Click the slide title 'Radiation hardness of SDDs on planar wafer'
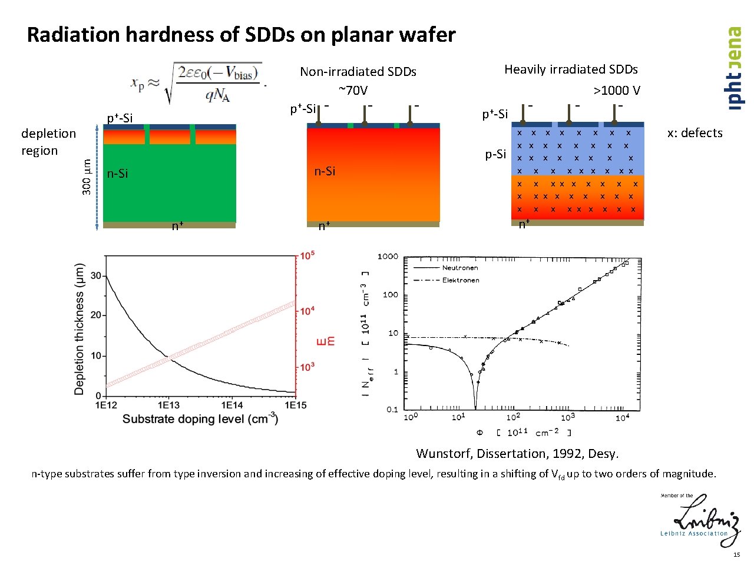point(241,35)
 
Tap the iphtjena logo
point(734,68)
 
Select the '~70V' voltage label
point(353,90)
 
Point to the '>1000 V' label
point(616,90)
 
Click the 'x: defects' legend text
point(695,133)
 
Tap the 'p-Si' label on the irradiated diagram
point(495,154)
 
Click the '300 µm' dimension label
point(87,177)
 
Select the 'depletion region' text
point(48,142)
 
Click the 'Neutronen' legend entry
point(460,268)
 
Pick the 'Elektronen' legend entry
point(461,280)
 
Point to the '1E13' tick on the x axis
point(168,405)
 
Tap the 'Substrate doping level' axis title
point(200,419)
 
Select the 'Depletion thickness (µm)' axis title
point(80,328)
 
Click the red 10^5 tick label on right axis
point(307,255)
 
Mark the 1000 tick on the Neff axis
point(388,257)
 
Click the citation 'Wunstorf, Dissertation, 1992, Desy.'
point(517,454)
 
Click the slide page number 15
point(736,555)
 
